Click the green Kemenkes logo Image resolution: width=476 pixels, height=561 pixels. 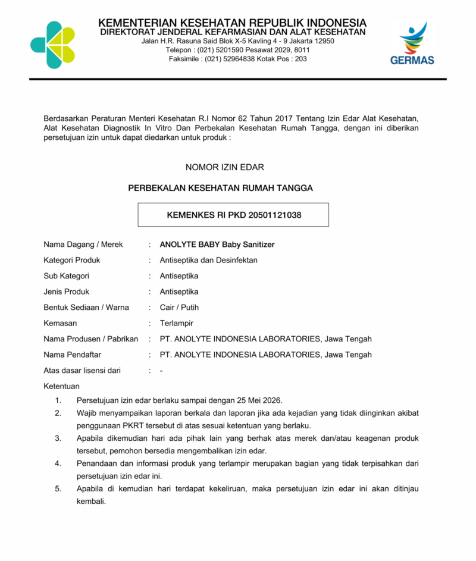[x=52, y=45]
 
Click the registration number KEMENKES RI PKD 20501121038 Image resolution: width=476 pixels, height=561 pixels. [x=233, y=215]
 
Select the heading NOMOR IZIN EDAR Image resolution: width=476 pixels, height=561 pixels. [x=233, y=167]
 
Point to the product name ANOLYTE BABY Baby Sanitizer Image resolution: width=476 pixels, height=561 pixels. [x=217, y=245]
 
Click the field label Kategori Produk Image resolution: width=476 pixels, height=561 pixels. [x=72, y=260]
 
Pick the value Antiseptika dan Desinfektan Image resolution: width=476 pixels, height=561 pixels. [x=208, y=260]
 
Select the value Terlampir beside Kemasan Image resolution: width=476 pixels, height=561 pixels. [x=176, y=323]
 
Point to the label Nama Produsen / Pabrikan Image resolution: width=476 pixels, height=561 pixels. [x=90, y=339]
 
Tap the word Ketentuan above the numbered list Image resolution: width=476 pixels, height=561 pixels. [x=61, y=386]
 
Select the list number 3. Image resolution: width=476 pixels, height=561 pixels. [x=58, y=438]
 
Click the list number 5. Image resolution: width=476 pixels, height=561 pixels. [x=58, y=489]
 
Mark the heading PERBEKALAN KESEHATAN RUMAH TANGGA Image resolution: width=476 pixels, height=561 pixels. [x=221, y=188]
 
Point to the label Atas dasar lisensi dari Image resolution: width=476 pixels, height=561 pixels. [x=82, y=371]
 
